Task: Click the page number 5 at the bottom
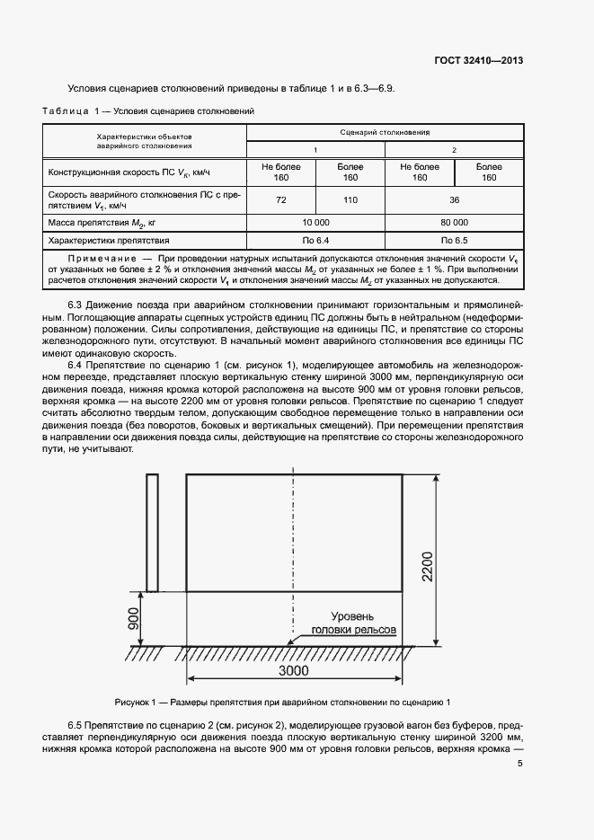(x=520, y=764)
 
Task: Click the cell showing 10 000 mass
(x=315, y=222)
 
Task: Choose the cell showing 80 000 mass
(x=454, y=222)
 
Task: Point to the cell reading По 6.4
(x=315, y=241)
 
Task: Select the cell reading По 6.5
(x=454, y=241)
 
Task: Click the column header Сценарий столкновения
(x=385, y=132)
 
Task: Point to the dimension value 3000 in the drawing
(x=293, y=671)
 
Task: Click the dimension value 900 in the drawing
(x=134, y=619)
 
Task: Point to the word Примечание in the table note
(x=88, y=259)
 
